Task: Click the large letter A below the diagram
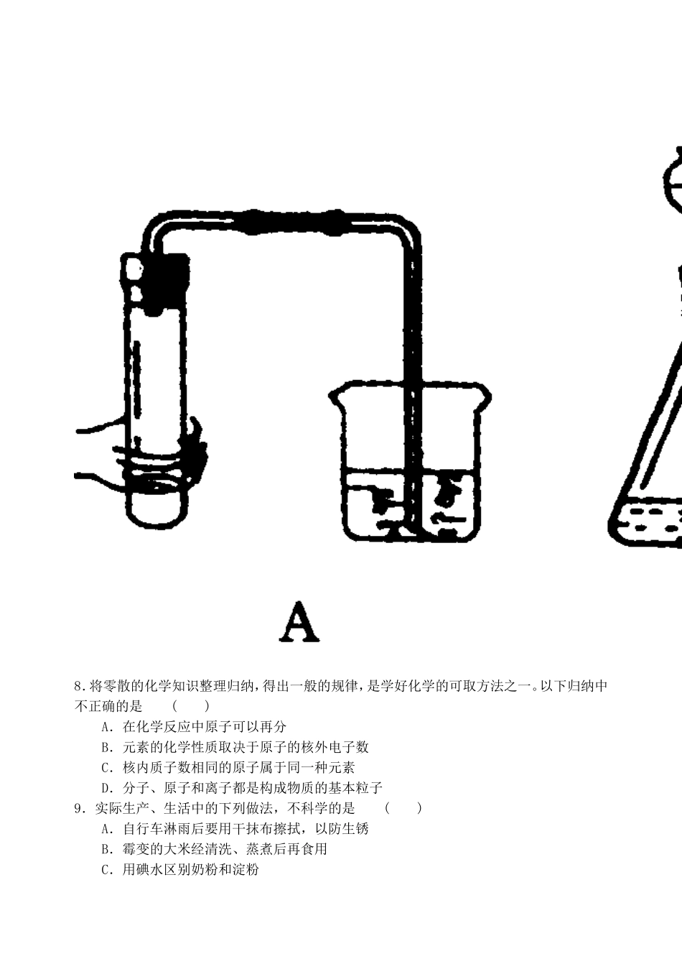(x=299, y=622)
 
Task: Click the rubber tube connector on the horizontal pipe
(x=291, y=222)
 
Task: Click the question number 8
(x=78, y=685)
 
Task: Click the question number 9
(x=78, y=809)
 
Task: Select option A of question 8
(x=194, y=727)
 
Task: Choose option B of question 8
(x=235, y=748)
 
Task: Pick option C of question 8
(x=228, y=768)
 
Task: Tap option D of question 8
(x=242, y=789)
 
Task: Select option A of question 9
(x=235, y=829)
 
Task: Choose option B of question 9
(x=215, y=849)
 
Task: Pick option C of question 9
(x=180, y=870)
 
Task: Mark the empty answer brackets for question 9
(x=403, y=809)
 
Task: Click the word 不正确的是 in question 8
(x=108, y=706)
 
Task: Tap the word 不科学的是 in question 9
(x=321, y=809)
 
